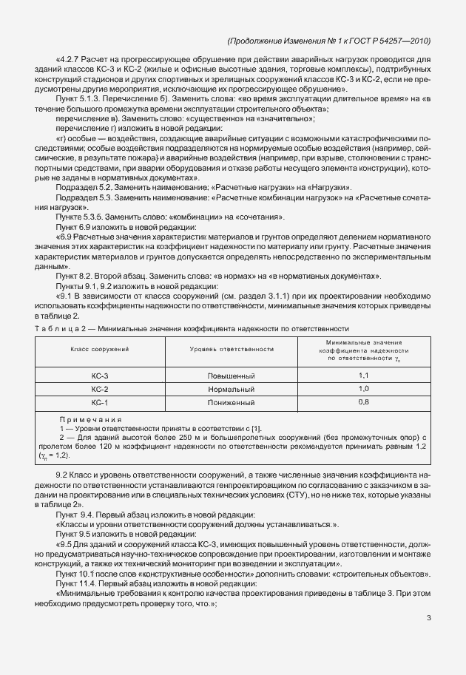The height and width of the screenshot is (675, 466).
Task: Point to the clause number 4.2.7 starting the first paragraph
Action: [x=70, y=58]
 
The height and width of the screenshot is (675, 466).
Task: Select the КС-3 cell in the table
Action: [x=100, y=376]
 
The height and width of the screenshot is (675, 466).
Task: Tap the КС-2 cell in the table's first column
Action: [x=100, y=389]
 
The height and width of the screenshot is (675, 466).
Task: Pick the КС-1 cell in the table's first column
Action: [x=100, y=401]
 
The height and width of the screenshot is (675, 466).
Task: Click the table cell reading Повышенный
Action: [x=231, y=376]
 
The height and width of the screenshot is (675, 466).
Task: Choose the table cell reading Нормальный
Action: [x=231, y=389]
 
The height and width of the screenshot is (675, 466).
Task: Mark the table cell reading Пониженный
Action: [x=231, y=401]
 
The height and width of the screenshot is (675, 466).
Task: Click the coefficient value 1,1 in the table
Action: [x=363, y=376]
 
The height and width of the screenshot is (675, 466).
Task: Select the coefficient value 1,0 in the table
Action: [x=363, y=389]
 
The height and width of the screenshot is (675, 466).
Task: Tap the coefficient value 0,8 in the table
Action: [x=363, y=401]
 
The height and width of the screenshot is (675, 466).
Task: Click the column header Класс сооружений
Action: [x=100, y=347]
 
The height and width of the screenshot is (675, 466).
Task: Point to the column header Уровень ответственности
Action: [x=231, y=347]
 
